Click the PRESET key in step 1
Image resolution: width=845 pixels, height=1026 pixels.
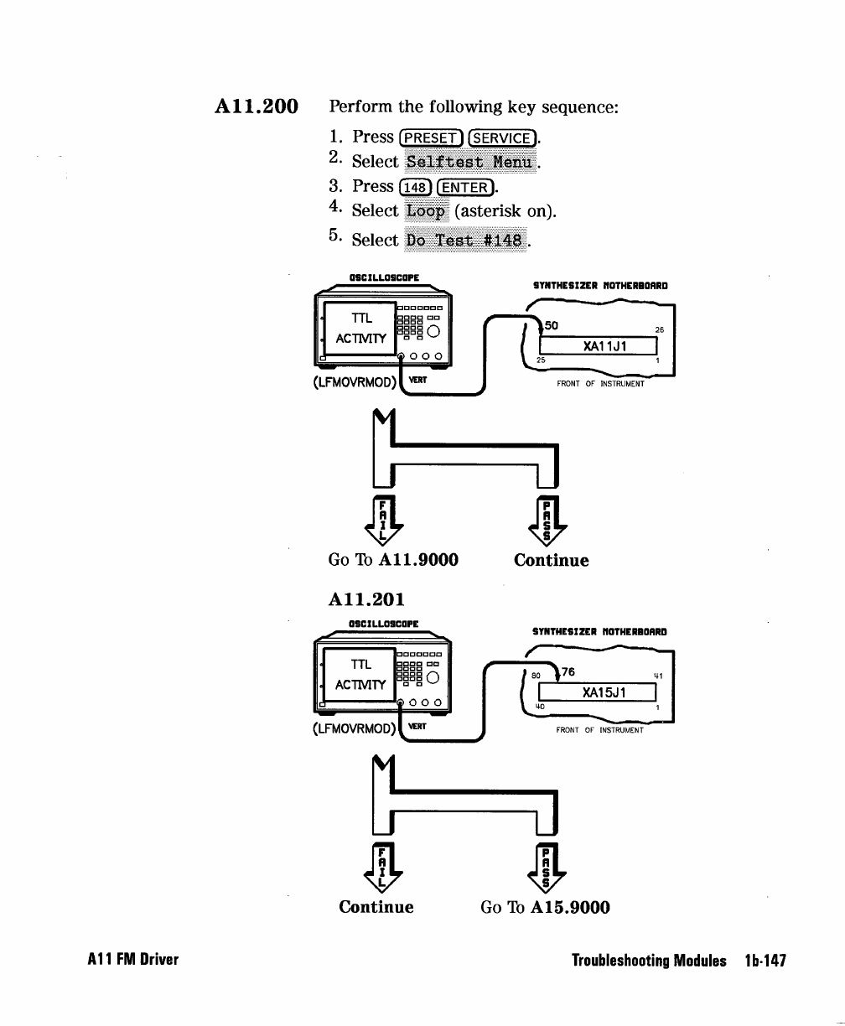point(431,138)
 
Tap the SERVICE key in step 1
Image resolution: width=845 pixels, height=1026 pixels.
point(502,138)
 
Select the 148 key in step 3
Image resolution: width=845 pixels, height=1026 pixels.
point(415,187)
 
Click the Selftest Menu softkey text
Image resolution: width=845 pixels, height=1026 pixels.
point(470,162)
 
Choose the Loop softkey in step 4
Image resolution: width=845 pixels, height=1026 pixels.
point(426,210)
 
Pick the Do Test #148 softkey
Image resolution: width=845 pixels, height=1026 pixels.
point(465,240)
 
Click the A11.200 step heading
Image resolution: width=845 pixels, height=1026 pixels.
point(257,106)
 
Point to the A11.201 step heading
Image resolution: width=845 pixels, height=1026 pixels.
point(366,599)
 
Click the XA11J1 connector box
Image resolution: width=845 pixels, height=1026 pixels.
point(598,346)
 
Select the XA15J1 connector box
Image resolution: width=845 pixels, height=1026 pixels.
point(597,692)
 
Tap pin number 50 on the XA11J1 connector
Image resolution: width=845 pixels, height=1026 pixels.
point(552,325)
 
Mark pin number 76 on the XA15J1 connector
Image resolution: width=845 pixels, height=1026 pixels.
point(568,671)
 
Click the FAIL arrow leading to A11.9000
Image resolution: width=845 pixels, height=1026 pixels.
point(383,521)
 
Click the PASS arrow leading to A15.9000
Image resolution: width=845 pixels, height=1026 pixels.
point(546,868)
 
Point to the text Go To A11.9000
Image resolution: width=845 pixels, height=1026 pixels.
point(393,560)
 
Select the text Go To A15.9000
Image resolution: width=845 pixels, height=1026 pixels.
point(545,907)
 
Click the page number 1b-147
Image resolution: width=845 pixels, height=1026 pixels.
point(765,961)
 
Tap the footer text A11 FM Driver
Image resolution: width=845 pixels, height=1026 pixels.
point(133,959)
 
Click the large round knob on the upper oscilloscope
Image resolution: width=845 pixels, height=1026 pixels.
point(433,332)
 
